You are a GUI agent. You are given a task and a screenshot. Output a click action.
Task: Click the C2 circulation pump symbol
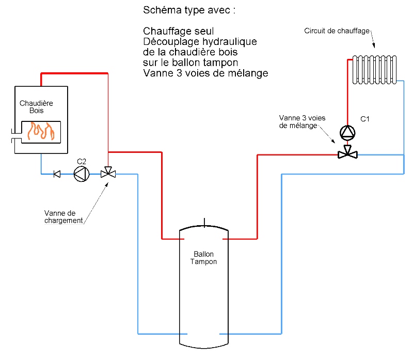point(81,174)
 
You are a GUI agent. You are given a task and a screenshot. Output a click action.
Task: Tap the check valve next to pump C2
point(57,174)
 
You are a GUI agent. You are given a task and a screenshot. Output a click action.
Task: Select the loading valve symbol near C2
point(108,174)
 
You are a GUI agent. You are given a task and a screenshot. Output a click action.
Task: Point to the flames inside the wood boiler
point(40,132)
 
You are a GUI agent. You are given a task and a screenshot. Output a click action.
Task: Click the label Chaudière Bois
point(36,107)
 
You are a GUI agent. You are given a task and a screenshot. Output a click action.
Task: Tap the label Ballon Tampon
point(203,258)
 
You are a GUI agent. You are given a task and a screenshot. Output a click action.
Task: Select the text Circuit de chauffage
point(337,31)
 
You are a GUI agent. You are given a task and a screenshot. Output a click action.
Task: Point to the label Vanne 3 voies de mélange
point(302,122)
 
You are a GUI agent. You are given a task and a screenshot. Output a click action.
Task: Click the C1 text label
point(365,119)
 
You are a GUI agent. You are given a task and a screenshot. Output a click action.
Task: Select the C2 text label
point(81,161)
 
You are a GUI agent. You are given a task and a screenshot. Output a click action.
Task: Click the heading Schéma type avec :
point(185,10)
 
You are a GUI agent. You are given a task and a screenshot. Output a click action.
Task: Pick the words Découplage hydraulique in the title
point(200,42)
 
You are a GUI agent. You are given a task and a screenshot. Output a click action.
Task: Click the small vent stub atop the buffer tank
point(204,223)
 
